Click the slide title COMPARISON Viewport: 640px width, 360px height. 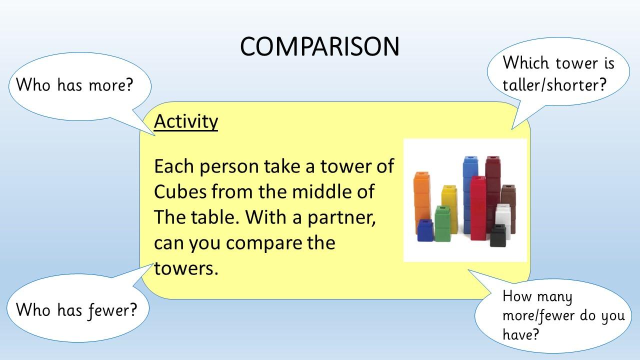click(319, 46)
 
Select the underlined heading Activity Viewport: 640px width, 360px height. click(186, 122)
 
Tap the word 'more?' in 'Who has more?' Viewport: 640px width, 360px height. click(111, 85)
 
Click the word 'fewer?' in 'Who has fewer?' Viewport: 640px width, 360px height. click(113, 310)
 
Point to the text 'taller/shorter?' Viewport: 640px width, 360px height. click(554, 85)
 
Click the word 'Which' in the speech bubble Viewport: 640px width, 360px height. click(525, 62)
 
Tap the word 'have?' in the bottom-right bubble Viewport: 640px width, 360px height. click(520, 334)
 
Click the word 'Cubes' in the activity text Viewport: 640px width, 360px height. click(180, 191)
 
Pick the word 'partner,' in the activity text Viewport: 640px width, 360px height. click(341, 217)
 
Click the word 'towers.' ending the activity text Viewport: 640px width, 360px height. click(186, 268)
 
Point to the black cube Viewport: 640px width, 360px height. click(498, 235)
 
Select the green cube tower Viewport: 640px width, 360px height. click(442, 223)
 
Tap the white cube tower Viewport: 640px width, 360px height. click(503, 218)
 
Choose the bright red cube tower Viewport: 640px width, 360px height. click(478, 208)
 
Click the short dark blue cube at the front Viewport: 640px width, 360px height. click(425, 230)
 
